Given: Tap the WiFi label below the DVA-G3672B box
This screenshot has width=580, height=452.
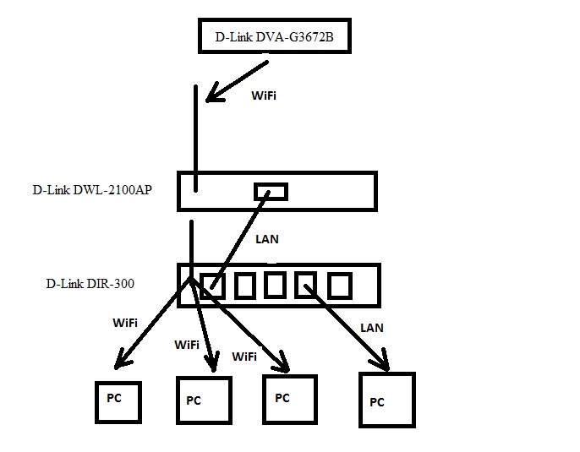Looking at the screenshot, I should pos(264,95).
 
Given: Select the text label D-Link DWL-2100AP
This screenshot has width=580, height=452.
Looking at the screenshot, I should pos(93,190).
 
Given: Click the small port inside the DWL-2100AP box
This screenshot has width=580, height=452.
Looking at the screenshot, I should pos(271,192).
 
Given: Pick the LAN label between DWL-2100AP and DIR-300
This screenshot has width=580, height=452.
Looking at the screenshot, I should pos(267,239).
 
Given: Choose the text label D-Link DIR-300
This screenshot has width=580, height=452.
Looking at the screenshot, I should pos(90,285).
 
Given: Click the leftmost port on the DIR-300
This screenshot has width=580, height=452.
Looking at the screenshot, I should pos(214,286).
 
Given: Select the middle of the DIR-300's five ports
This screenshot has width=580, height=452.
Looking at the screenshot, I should pos(275,286).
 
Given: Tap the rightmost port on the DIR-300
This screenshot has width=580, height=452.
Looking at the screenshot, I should pos(339,286).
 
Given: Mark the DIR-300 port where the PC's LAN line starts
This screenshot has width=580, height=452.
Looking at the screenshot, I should pos(305,286).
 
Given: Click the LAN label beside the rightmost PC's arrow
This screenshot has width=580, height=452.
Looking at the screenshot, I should pos(372,327).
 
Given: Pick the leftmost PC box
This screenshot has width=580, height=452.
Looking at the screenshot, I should pos(117,402).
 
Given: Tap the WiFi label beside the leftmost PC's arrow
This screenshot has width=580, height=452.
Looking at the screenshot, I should pos(125,323).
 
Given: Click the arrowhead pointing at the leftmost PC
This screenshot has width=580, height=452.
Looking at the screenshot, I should pos(123,362).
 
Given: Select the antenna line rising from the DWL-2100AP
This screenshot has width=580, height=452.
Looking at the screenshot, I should pos(196,135).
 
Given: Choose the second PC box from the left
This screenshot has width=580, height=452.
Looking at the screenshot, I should pos(204,400).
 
